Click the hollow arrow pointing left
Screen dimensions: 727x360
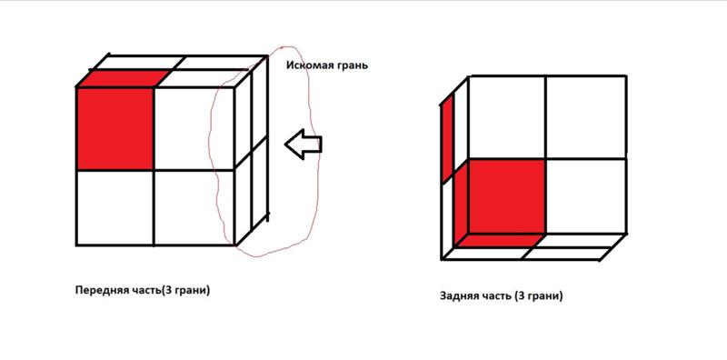pos(303,145)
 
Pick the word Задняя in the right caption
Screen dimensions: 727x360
pos(460,295)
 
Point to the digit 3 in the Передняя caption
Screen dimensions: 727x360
pos(168,290)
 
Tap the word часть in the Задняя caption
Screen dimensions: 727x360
pos(496,295)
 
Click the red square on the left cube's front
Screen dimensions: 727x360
pos(115,128)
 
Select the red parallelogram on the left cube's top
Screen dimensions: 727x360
pos(124,78)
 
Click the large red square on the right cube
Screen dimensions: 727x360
pos(507,195)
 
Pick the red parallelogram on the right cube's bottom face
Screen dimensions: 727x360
pos(499,240)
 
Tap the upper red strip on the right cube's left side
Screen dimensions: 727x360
pos(447,138)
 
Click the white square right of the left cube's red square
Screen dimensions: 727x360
pos(194,128)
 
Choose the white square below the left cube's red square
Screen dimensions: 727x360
pos(115,207)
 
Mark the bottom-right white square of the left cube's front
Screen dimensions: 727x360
pos(194,207)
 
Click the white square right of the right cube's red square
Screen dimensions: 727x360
pos(586,195)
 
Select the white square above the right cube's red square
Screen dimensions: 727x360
pos(507,117)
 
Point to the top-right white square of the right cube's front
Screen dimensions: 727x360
pos(586,117)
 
